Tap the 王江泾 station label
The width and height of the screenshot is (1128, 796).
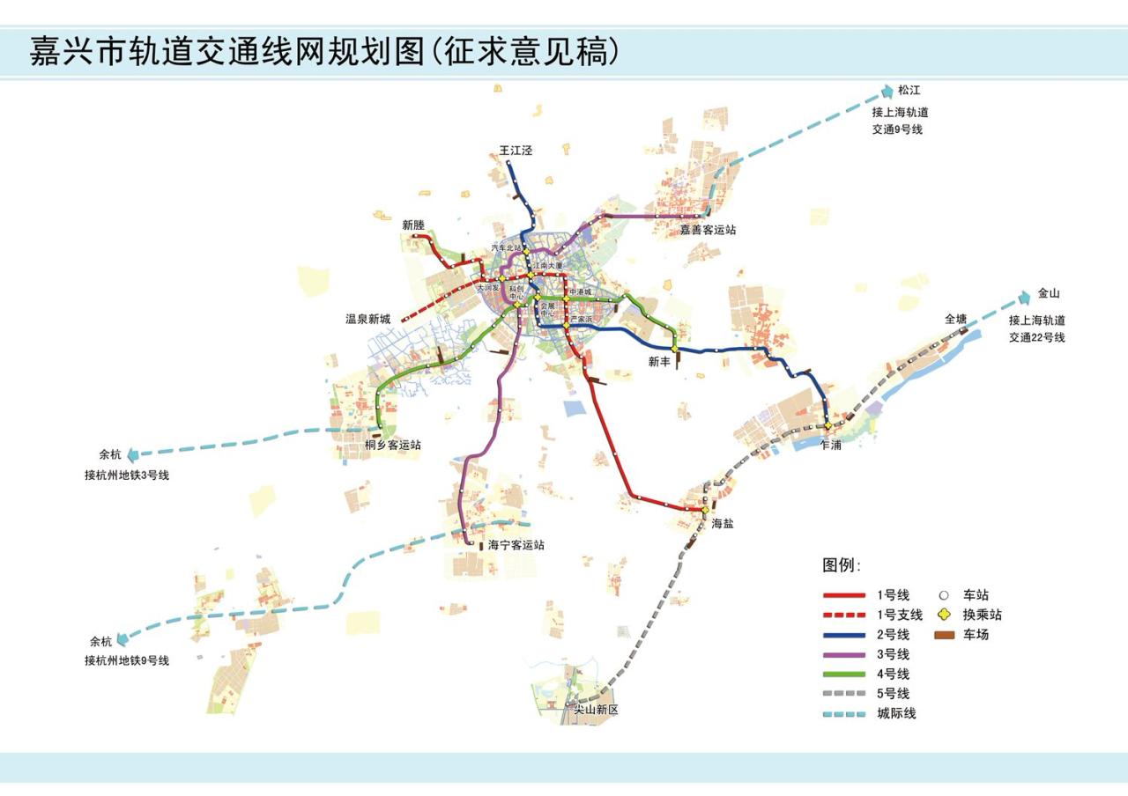click(516, 151)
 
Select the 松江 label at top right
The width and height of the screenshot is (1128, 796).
click(909, 91)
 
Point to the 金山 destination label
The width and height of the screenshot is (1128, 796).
click(1049, 294)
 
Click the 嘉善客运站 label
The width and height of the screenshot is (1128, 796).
click(707, 230)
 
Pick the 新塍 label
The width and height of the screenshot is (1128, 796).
click(414, 225)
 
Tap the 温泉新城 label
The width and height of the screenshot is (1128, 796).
click(367, 320)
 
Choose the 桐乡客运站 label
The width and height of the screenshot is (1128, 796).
click(393, 446)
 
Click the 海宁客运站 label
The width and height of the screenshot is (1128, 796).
click(516, 545)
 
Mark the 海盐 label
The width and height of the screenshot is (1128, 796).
click(723, 523)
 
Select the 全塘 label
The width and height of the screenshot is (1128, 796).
click(956, 319)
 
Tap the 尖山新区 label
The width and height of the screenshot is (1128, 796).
click(597, 710)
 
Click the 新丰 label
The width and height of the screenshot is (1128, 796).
click(659, 361)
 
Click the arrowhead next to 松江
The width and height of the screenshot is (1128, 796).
click(887, 91)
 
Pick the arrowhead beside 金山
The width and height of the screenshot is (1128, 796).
click(1024, 296)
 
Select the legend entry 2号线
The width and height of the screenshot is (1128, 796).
click(893, 635)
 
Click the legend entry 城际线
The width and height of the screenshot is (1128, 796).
click(896, 714)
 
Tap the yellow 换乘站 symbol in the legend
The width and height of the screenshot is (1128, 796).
click(944, 615)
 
